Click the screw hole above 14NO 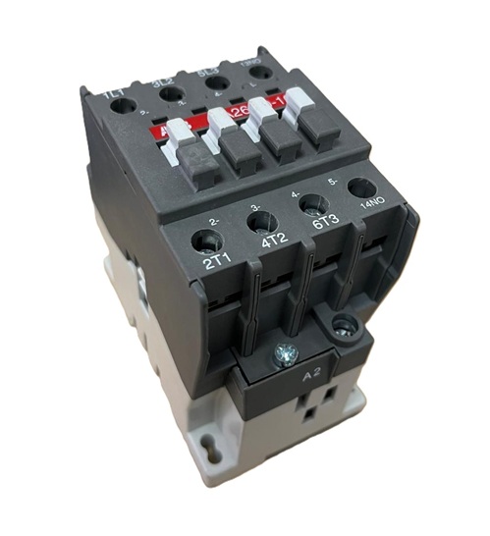click(x=361, y=187)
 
